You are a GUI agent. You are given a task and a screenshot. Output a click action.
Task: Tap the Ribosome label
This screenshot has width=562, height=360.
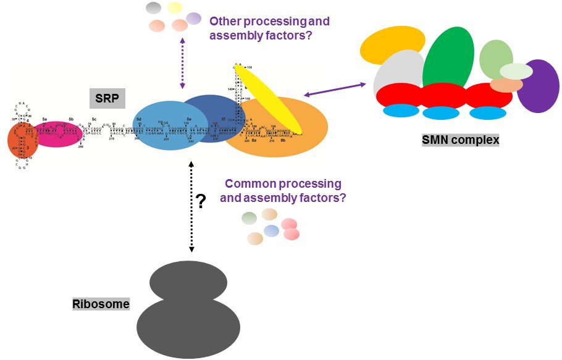tap(100, 304)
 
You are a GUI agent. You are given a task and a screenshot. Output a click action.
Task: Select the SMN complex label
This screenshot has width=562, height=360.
tap(460, 140)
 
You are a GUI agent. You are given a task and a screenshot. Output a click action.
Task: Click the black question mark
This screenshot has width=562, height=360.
tap(200, 202)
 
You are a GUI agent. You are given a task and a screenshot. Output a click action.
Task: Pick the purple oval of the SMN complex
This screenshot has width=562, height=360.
tap(539, 86)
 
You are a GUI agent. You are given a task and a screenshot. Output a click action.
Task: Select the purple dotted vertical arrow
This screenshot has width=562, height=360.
tap(182, 62)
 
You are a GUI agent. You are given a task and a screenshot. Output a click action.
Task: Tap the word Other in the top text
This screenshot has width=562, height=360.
tap(225, 22)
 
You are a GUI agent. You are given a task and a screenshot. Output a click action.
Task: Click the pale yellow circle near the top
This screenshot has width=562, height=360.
tap(174, 8)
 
